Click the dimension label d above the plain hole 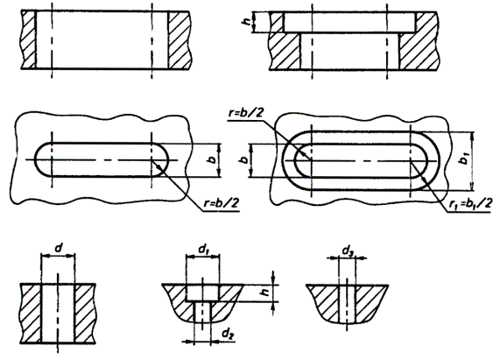point(59,247)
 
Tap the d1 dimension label point(203,249)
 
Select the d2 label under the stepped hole point(227,334)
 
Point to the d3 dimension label point(348,251)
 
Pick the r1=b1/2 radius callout point(470,203)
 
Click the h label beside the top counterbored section point(246,22)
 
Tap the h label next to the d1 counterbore point(264,291)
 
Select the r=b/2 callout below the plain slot point(222,203)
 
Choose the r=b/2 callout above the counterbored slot point(246,114)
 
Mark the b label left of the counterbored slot point(244,159)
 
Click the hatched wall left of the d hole point(31,314)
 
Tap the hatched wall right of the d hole point(85,314)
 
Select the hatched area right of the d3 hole point(370,301)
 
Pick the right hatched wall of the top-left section point(180,40)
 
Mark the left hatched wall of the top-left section point(28,40)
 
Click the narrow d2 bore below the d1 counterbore point(202,312)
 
